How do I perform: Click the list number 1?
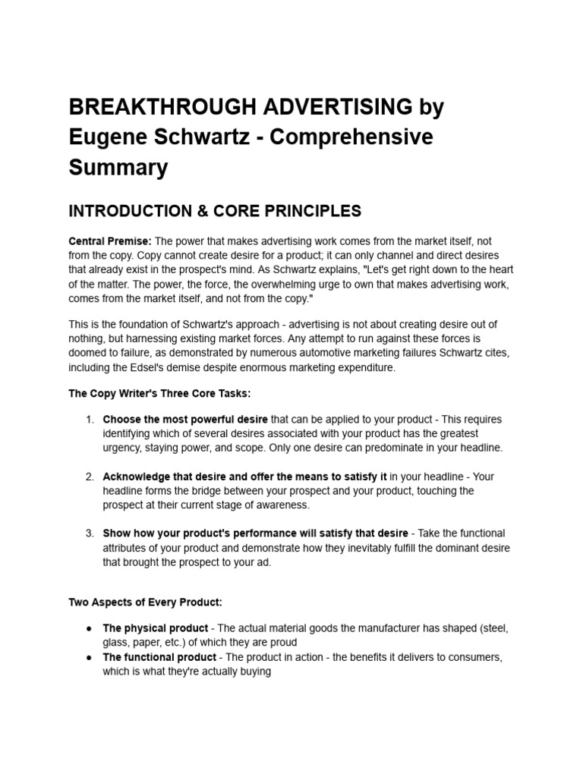pyautogui.click(x=89, y=420)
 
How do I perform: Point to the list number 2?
pyautogui.click(x=89, y=477)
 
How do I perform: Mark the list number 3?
pyautogui.click(x=89, y=533)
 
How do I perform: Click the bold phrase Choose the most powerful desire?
pyautogui.click(x=185, y=420)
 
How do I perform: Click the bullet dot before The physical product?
pyautogui.click(x=90, y=628)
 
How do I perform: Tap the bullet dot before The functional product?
pyautogui.click(x=90, y=657)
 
